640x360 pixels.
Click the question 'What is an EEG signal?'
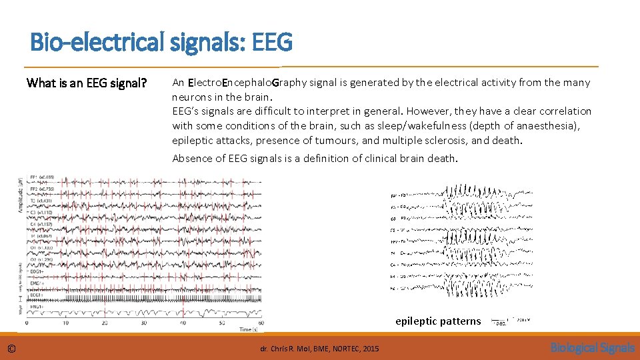tap(86, 83)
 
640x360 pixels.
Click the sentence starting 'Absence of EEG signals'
tap(315, 158)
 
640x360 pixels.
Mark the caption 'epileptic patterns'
tap(437, 321)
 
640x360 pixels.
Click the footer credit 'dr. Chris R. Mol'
tap(287, 349)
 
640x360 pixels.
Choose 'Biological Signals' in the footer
tap(592, 348)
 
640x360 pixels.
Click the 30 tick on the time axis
tap(143, 323)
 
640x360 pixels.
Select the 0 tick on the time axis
tap(26, 323)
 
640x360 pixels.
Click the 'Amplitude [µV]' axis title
tap(22, 194)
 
